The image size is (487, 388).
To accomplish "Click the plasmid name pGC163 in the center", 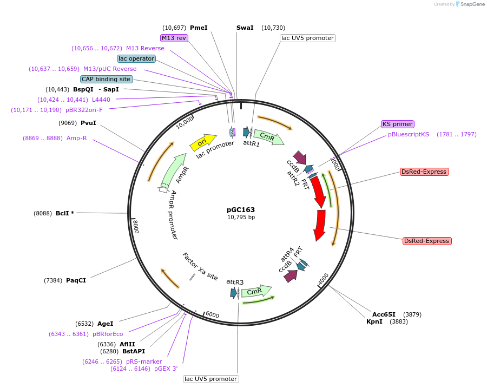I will [x=241, y=209].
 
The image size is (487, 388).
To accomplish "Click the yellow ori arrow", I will [x=201, y=142].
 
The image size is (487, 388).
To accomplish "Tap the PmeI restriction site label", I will [x=199, y=28].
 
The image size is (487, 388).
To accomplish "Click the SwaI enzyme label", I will [x=245, y=28].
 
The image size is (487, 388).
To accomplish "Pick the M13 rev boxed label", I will [x=174, y=38].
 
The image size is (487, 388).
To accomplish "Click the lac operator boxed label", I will [x=137, y=58].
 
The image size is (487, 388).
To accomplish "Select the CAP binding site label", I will [x=106, y=79].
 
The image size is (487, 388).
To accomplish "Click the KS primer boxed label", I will [x=398, y=124].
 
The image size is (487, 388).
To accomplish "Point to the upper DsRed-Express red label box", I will [x=424, y=172].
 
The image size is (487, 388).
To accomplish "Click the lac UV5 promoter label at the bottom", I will [x=210, y=379].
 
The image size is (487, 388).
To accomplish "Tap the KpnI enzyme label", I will [x=374, y=321].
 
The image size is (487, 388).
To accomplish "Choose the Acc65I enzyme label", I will [x=384, y=314].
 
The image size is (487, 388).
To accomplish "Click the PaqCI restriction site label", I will [x=76, y=280].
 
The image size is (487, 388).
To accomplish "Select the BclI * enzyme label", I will [x=65, y=213].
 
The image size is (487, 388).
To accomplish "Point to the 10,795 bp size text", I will [x=241, y=218].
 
